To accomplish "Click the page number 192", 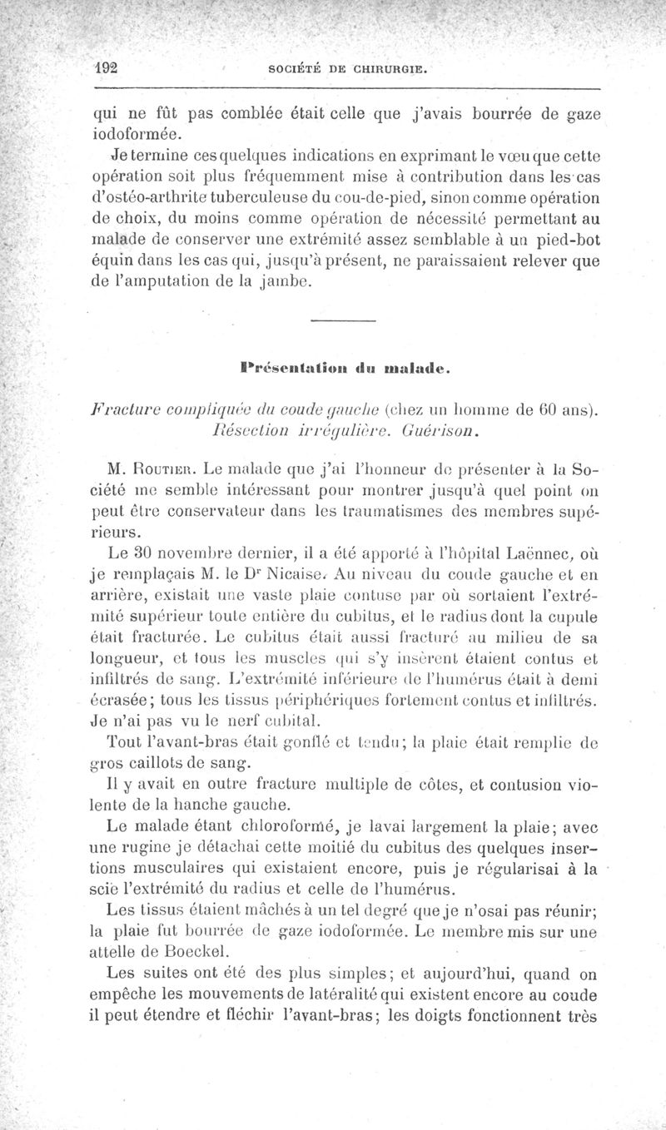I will click(107, 69).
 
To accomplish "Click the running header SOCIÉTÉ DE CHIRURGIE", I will click(345, 71).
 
